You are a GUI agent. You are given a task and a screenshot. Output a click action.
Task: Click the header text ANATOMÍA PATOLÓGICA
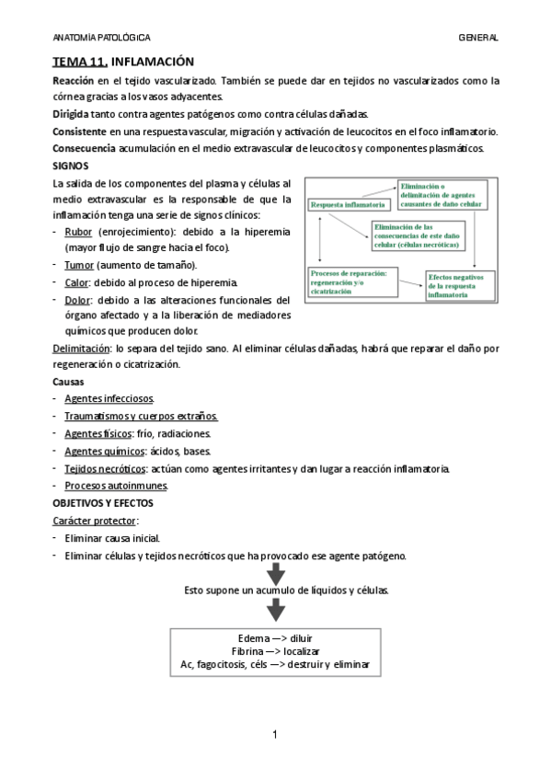pos(101,37)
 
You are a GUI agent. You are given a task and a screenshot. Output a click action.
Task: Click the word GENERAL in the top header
pos(478,37)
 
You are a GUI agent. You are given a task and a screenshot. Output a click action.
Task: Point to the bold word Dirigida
pos(74,114)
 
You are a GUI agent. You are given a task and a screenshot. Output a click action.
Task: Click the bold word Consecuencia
pos(85,148)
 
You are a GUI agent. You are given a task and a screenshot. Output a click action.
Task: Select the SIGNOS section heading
pos(71,166)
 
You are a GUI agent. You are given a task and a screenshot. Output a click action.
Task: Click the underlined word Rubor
pos(78,232)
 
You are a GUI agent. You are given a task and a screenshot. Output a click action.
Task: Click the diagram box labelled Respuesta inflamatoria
pos(346,203)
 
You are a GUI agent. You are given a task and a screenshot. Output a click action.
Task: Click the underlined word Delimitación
pos(80,349)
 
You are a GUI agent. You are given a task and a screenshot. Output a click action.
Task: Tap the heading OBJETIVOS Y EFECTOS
pos(103,503)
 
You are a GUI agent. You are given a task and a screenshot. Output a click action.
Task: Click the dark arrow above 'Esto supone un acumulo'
pos(276,574)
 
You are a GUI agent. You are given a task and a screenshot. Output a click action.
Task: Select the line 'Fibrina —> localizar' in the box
pos(275,650)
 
